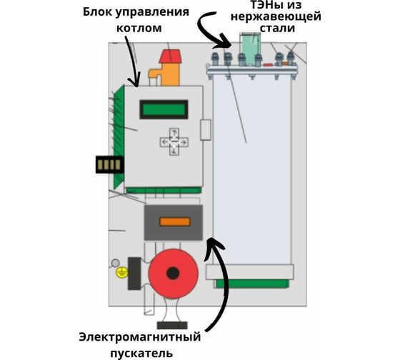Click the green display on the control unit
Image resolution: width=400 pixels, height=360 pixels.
tap(164, 109)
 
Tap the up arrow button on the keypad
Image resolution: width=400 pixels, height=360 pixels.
tap(174, 133)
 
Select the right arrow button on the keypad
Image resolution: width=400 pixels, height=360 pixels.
tap(184, 142)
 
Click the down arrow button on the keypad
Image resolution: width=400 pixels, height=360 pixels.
tap(174, 151)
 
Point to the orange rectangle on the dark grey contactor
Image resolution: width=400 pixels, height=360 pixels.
tap(175, 221)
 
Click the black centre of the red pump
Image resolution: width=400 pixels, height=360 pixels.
tap(173, 274)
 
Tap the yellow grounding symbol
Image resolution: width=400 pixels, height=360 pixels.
tap(122, 272)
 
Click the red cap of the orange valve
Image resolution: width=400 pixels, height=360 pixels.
tap(170, 56)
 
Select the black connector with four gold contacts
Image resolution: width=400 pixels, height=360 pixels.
tap(110, 164)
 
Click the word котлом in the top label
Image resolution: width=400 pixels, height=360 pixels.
tap(139, 28)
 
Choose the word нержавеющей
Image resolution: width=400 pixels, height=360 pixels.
tap(276, 17)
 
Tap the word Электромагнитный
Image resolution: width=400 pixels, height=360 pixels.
tap(140, 337)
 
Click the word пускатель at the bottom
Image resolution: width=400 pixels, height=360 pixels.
tap(141, 354)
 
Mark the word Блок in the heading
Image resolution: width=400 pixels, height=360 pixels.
tap(98, 12)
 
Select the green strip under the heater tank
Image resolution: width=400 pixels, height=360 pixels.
tap(252, 284)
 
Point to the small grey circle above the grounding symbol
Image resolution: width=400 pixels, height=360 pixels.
tap(115, 263)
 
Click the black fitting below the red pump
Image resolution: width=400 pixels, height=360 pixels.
tap(172, 325)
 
